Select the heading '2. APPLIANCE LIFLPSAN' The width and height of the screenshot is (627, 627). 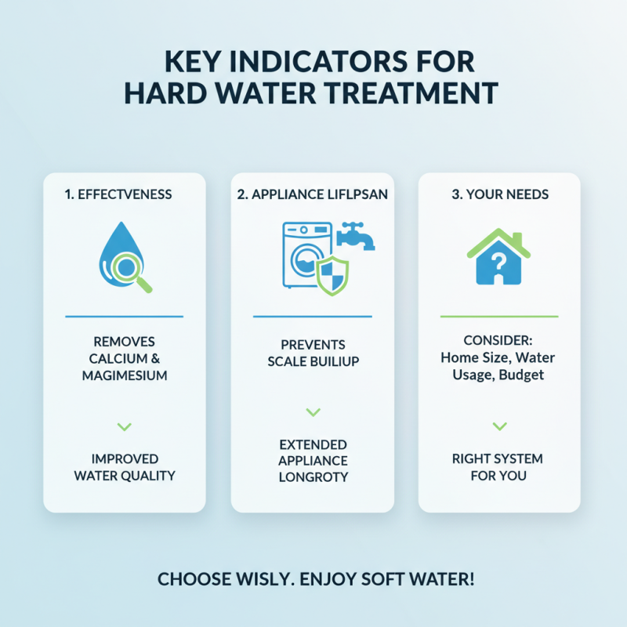[x=312, y=194]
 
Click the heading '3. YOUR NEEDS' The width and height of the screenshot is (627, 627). [x=498, y=194]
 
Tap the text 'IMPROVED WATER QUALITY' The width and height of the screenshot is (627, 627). [x=124, y=467]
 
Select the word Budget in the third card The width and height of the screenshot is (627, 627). [x=520, y=375]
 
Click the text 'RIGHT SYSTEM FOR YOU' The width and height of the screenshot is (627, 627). [x=498, y=467]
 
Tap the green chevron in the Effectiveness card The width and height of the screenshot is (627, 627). [x=124, y=426]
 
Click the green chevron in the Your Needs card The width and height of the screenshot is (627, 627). [x=498, y=426]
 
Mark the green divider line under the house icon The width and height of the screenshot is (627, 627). [x=498, y=317]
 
